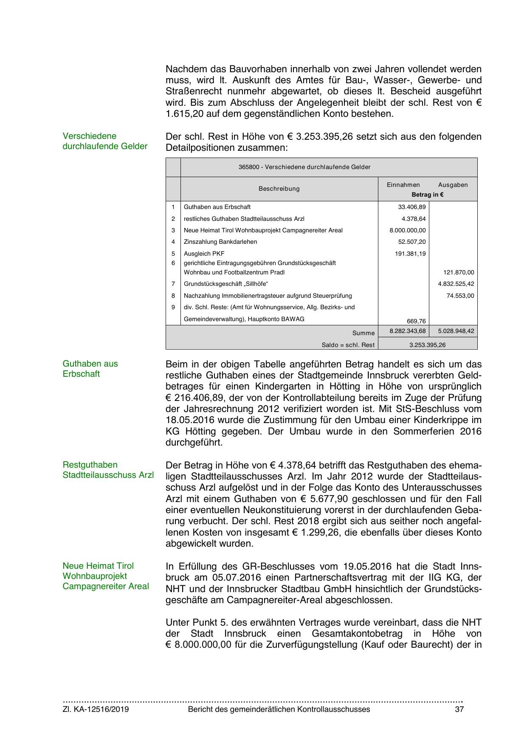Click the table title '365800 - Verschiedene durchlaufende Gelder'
click(304, 167)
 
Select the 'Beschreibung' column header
click(279, 189)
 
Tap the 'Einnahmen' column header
click(403, 185)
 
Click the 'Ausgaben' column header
click(453, 185)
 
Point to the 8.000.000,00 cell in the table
click(407, 230)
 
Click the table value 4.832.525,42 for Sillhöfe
click(456, 284)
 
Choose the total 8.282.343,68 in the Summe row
click(407, 331)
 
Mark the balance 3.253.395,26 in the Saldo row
click(427, 345)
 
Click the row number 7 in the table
click(173, 284)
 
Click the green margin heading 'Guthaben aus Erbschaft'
click(90, 369)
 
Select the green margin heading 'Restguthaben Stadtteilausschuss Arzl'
click(108, 470)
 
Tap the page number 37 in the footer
click(459, 709)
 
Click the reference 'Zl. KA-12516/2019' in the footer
click(96, 709)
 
